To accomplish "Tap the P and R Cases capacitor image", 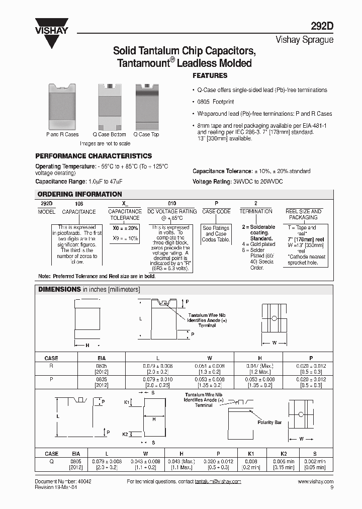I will tap(62, 106).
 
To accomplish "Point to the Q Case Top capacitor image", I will tap(147, 106).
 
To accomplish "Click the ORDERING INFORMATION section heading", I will tap(80, 194).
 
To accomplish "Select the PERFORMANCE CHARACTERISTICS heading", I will tap(93, 156).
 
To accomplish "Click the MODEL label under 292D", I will tap(46, 212).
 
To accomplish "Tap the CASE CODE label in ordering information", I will tap(216, 212).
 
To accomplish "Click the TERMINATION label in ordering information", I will tap(256, 212).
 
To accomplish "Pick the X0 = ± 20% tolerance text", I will tap(125, 228).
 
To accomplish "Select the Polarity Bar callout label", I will tap(270, 422).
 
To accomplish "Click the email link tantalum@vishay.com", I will tap(218, 482).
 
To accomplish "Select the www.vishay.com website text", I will tap(315, 482).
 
